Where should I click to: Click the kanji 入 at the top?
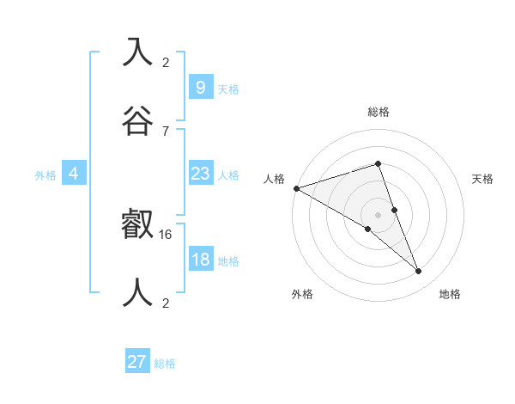tap(138, 52)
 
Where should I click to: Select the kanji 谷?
tap(138, 118)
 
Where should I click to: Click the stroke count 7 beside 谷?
tap(166, 131)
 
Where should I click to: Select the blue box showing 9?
tap(200, 88)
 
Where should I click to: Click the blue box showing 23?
tap(200, 174)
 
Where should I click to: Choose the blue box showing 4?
tap(74, 174)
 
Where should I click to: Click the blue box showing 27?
tap(137, 362)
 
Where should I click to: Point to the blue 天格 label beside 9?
tap(228, 89)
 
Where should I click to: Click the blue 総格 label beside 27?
tap(165, 364)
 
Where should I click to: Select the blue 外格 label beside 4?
tap(45, 175)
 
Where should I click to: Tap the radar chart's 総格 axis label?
tap(379, 112)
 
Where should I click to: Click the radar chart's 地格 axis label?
tap(450, 294)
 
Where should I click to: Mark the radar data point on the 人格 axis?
tap(296, 187)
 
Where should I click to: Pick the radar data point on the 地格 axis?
tap(419, 271)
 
